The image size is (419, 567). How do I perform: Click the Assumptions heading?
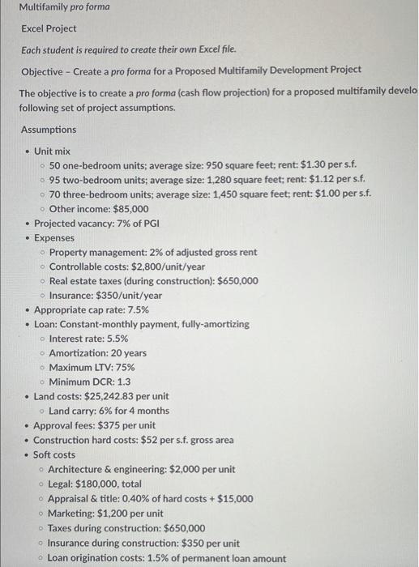(48, 130)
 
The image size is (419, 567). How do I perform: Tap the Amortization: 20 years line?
(98, 353)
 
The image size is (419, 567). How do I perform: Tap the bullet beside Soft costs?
(27, 454)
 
